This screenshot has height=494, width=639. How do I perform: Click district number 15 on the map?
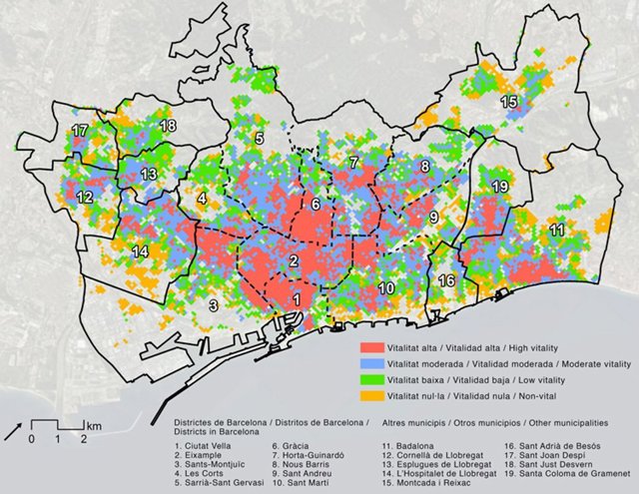pyautogui.click(x=509, y=102)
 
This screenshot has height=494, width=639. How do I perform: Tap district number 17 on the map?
pyautogui.click(x=80, y=131)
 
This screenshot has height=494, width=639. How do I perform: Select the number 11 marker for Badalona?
pyautogui.click(x=556, y=231)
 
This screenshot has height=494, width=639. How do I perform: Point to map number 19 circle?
pyautogui.click(x=500, y=187)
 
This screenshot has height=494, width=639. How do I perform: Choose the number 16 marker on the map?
pyautogui.click(x=447, y=280)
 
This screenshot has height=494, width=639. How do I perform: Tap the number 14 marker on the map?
pyautogui.click(x=141, y=250)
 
